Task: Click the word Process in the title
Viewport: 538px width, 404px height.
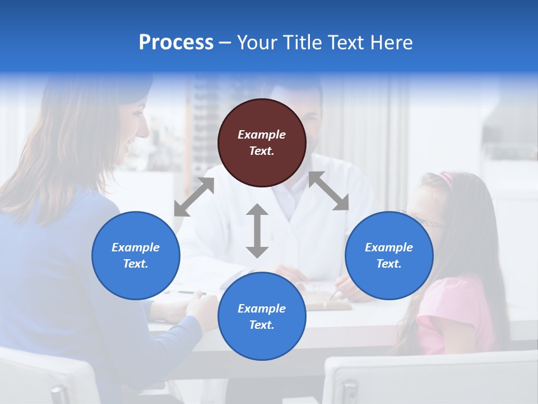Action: click(176, 43)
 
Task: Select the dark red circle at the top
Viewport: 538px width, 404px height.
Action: click(262, 143)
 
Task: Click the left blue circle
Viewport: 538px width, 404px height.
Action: click(136, 255)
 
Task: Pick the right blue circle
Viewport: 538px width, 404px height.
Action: click(389, 255)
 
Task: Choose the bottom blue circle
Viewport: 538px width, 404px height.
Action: click(262, 316)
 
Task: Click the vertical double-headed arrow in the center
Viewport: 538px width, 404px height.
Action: click(257, 231)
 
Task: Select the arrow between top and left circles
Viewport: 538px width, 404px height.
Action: click(194, 197)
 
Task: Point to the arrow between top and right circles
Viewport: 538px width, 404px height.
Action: click(328, 191)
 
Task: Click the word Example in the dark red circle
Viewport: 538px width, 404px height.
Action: click(262, 135)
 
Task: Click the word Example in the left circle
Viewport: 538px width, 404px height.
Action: click(136, 247)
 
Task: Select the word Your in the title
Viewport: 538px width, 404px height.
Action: click(258, 43)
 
